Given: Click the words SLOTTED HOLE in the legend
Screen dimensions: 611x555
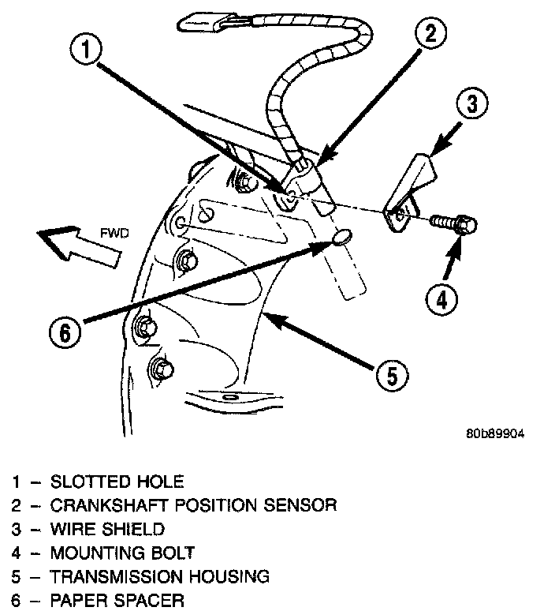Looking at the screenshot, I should pos(116,482).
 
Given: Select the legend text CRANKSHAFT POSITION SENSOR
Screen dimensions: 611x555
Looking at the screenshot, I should pos(193,505).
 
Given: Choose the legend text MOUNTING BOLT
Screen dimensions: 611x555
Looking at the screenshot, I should pos(121,553).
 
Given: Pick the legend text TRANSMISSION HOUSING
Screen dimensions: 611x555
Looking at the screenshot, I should pos(160,577).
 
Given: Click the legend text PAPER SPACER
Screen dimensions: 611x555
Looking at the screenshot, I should pos(117,601).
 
